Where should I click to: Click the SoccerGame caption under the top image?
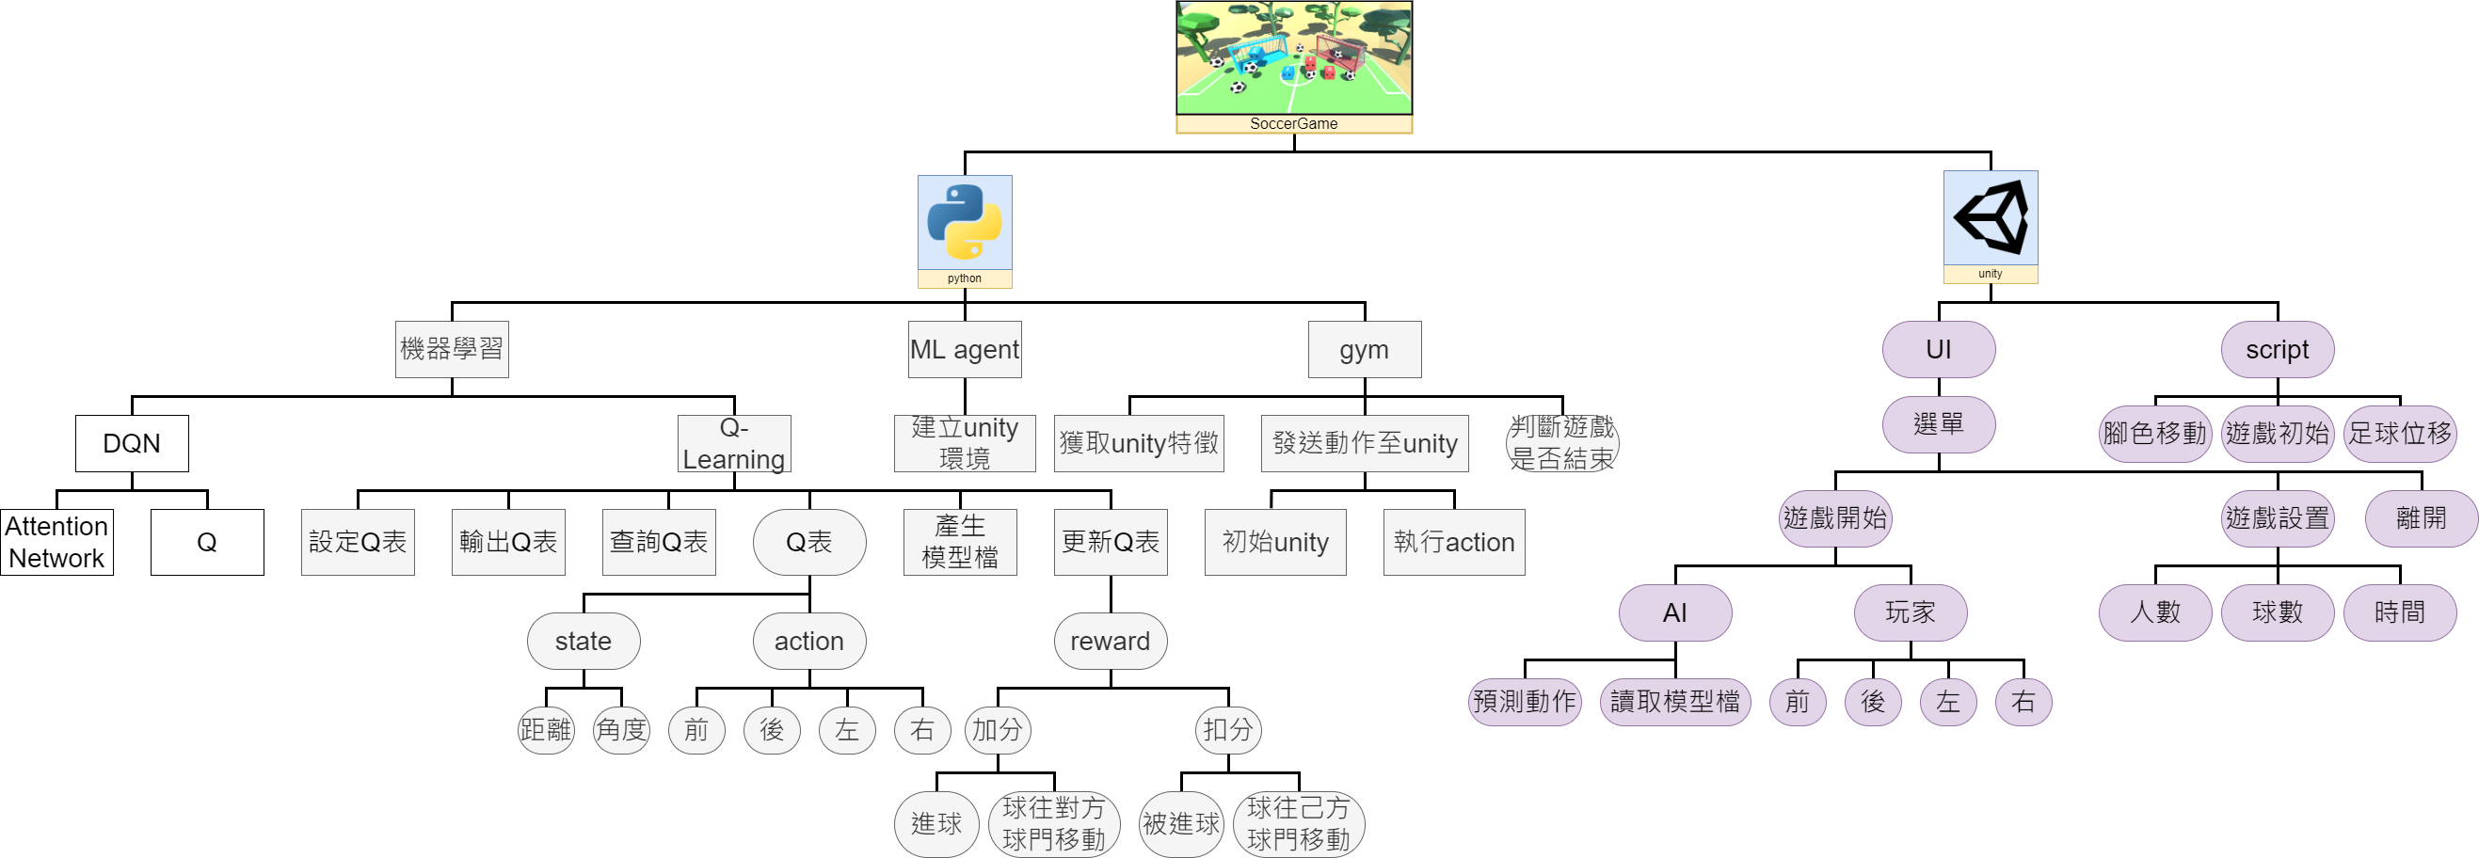click(x=1293, y=124)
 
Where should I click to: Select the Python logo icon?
click(x=965, y=222)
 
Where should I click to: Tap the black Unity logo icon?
click(x=1991, y=217)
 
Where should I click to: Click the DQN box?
click(x=132, y=443)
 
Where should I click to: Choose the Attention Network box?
click(x=56, y=543)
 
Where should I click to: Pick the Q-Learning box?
click(x=734, y=443)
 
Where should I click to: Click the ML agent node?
click(x=965, y=349)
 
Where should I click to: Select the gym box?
click(x=1364, y=349)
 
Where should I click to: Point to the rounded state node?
click(x=584, y=642)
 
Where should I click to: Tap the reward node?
click(x=1110, y=642)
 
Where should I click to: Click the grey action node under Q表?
click(x=809, y=642)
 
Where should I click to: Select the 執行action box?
click(x=1453, y=543)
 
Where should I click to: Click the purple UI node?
click(x=1938, y=349)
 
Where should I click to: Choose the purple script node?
click(x=2277, y=349)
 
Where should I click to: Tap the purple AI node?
click(x=1674, y=612)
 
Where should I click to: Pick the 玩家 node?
click(x=1911, y=612)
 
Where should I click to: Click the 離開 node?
click(x=2421, y=518)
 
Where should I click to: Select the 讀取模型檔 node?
click(x=1674, y=702)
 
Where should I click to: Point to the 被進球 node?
click(x=1181, y=824)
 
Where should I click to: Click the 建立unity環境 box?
click(x=965, y=443)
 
